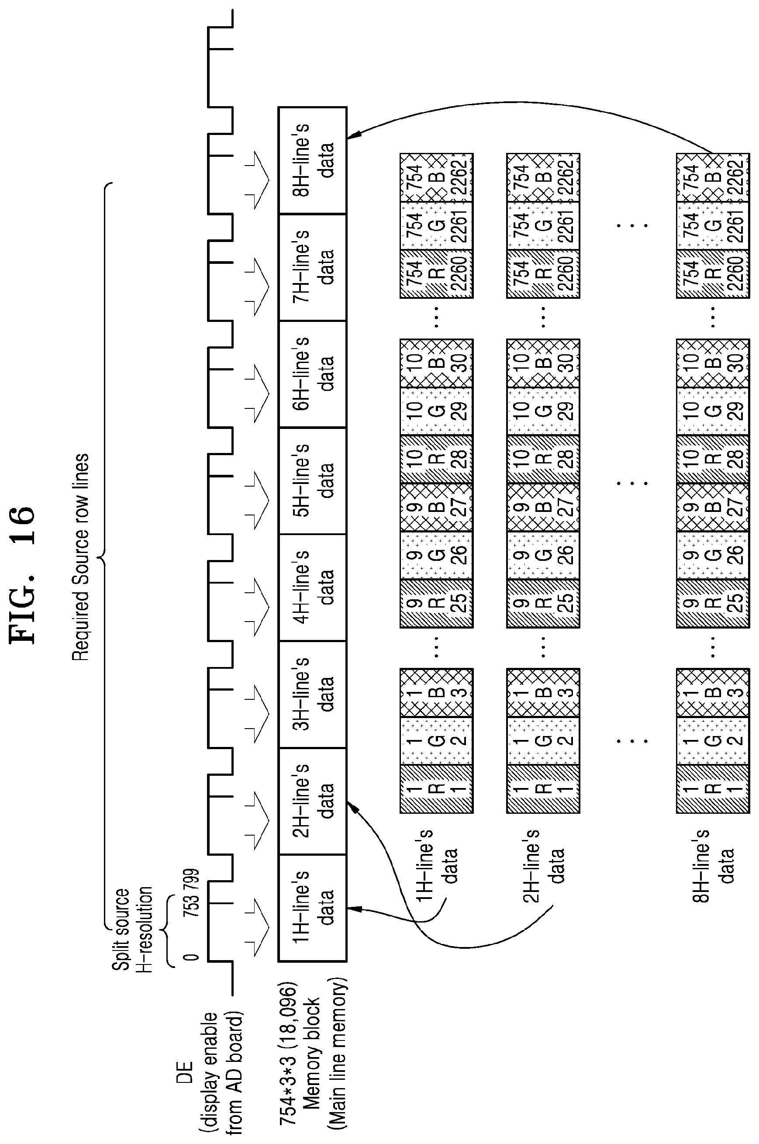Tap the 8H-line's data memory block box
click(x=313, y=160)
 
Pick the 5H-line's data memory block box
click(x=313, y=481)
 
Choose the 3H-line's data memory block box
click(x=313, y=695)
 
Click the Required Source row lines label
click(x=80, y=557)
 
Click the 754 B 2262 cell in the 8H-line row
click(x=713, y=178)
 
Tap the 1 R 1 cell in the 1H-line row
click(x=437, y=788)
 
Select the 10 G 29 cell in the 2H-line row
click(x=543, y=411)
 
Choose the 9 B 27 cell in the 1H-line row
click(x=437, y=507)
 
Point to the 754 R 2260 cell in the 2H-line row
click(x=543, y=273)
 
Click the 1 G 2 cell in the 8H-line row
click(x=713, y=740)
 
